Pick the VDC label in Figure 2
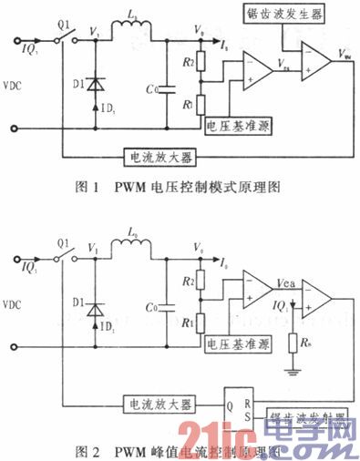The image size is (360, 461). point(19,302)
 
